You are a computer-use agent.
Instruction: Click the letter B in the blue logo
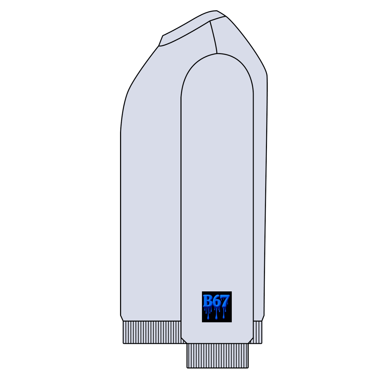point(207,301)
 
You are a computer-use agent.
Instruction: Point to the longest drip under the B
point(208,315)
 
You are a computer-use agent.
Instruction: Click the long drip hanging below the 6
point(216,316)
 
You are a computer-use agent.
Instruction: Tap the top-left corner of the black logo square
point(202,292)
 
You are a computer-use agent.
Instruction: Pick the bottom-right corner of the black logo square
point(231,322)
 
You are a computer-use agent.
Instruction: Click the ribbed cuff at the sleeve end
point(218,356)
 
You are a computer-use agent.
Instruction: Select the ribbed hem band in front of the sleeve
point(152,332)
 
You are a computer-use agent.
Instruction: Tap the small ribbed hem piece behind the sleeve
point(258,332)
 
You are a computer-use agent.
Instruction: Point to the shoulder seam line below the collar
point(214,38)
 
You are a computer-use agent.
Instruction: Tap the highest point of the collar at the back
point(217,11)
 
